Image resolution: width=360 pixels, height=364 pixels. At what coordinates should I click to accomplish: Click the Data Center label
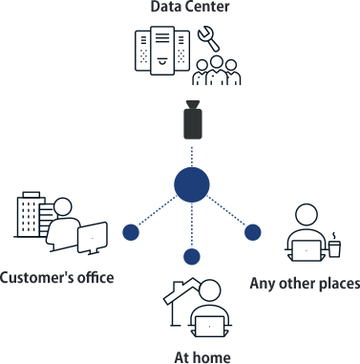click(x=190, y=9)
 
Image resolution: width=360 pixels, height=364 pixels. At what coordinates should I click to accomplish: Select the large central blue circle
click(x=192, y=184)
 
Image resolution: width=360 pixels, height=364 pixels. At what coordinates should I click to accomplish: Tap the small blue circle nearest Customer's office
click(x=132, y=232)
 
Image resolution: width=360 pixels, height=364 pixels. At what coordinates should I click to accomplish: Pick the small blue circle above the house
click(x=192, y=255)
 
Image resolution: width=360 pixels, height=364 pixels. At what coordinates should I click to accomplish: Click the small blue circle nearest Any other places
click(x=252, y=231)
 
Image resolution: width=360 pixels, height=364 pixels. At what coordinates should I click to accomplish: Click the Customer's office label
click(x=57, y=278)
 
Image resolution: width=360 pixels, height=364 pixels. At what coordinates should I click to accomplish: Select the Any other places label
click(x=304, y=283)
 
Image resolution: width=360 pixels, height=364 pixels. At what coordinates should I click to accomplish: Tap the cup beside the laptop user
click(x=334, y=246)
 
